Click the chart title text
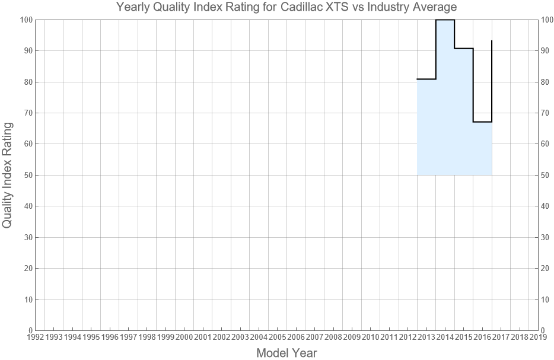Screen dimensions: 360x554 [x=286, y=8]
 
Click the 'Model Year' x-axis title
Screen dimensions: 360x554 [x=286, y=353]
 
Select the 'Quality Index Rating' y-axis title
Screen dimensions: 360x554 [x=8, y=175]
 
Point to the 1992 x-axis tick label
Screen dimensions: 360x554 [x=35, y=337]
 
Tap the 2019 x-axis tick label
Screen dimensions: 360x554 [x=538, y=337]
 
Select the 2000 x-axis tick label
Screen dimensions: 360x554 [x=184, y=337]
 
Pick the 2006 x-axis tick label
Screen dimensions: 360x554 [x=296, y=337]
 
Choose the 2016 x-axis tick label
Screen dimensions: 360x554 [x=482, y=337]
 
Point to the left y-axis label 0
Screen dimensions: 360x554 [x=29, y=330]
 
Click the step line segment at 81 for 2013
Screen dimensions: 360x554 [x=426, y=79]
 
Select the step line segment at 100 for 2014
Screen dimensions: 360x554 [x=445, y=20]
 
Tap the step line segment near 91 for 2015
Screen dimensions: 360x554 [x=464, y=49]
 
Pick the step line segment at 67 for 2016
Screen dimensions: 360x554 [x=482, y=122]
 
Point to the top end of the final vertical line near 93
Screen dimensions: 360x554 [x=492, y=41]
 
